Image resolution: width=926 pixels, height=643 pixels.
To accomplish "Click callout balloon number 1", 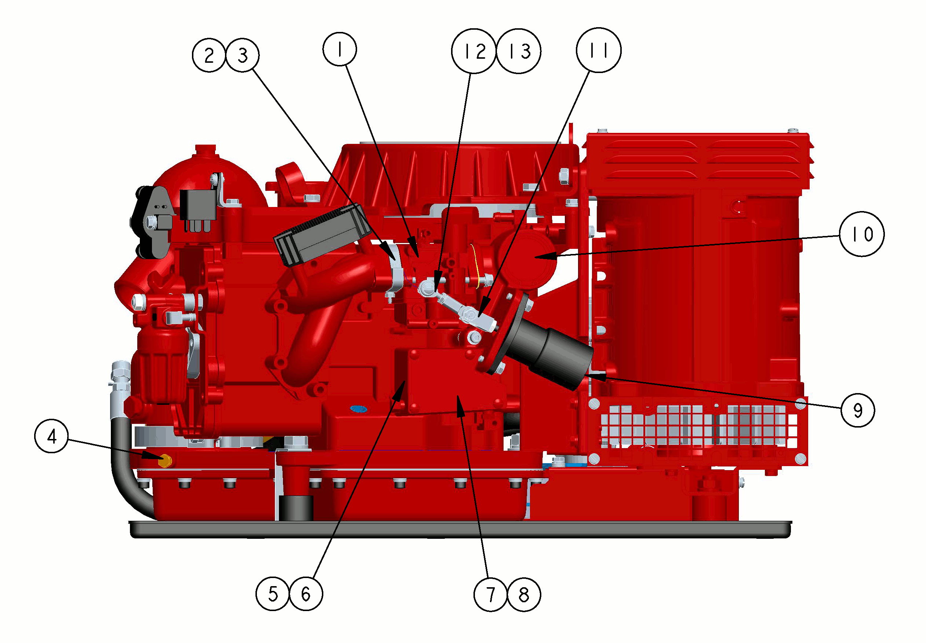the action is click(339, 49).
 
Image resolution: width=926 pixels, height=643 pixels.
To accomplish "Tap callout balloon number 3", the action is click(243, 55).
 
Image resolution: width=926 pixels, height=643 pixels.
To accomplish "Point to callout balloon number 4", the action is click(51, 437).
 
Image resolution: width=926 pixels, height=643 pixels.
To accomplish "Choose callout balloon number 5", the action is click(273, 594).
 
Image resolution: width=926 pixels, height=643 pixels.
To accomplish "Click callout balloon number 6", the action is click(306, 594).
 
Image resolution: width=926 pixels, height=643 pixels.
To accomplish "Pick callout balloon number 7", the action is click(491, 595).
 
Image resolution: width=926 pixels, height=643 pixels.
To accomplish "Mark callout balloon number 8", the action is click(524, 595).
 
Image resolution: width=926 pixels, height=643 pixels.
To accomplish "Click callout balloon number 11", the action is click(599, 50).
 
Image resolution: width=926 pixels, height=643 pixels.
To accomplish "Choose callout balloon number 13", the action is click(519, 51).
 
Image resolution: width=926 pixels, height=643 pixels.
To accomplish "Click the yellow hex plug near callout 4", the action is click(165, 461).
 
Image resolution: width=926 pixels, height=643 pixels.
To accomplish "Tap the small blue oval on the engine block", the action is click(359, 409).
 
